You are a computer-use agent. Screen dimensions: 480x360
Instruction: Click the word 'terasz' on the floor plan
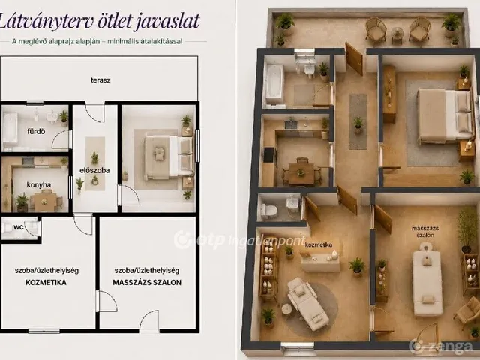100,80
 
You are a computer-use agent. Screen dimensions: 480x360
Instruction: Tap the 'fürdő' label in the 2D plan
36,132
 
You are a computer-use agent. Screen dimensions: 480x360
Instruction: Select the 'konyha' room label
38,185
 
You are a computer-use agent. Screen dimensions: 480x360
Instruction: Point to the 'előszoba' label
94,170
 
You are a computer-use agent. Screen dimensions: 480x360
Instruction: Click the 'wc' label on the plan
18,227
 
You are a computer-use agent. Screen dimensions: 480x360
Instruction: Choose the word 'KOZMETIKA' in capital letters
46,282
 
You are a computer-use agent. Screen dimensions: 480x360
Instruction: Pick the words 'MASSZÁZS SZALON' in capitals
147,282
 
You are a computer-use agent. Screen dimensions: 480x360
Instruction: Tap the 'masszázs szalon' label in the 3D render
425,232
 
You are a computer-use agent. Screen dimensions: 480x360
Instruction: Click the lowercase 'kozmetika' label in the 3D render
319,245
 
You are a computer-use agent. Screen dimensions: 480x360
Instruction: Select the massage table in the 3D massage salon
427,280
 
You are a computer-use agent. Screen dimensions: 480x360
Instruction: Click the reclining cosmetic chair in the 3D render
305,303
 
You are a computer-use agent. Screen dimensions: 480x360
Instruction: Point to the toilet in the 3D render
268,211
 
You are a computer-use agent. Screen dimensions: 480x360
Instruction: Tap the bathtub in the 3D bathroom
274,83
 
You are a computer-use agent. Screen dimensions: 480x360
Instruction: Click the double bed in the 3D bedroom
445,116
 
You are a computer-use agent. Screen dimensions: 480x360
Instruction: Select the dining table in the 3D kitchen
301,174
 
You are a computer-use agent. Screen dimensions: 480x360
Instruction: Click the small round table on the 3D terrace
397,34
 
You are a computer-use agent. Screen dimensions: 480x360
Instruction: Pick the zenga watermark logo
441,346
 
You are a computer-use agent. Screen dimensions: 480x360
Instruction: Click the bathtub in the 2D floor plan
10,128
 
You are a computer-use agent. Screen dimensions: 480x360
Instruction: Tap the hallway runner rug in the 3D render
358,121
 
